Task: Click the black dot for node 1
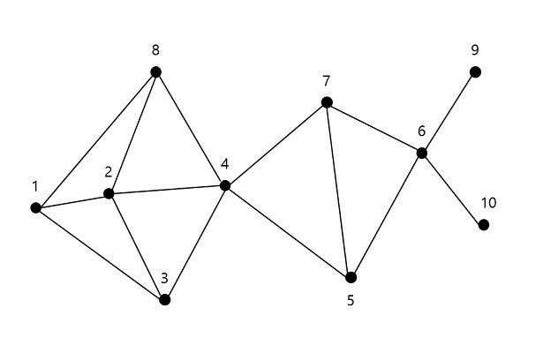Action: [x=36, y=208]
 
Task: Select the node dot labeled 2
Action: [x=109, y=193]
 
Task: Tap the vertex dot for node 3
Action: [x=164, y=300]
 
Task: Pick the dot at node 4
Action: [x=225, y=185]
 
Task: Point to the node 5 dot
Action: [x=351, y=277]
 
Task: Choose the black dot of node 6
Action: [x=422, y=153]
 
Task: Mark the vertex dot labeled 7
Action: [x=327, y=102]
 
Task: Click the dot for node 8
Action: [x=155, y=71]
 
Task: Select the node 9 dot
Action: [x=475, y=71]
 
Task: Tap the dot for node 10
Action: [x=484, y=225]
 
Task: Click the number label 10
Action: [x=488, y=203]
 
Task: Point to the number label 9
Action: [x=475, y=49]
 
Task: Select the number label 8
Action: [x=155, y=49]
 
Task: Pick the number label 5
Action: [x=351, y=301]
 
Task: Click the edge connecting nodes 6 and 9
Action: [x=449, y=112]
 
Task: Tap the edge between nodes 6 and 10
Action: [x=453, y=189]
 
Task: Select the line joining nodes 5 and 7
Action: [x=338, y=190]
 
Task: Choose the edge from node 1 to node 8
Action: [x=95, y=140]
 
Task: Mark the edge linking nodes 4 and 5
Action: [x=288, y=231]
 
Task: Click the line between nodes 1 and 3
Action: [x=100, y=254]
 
